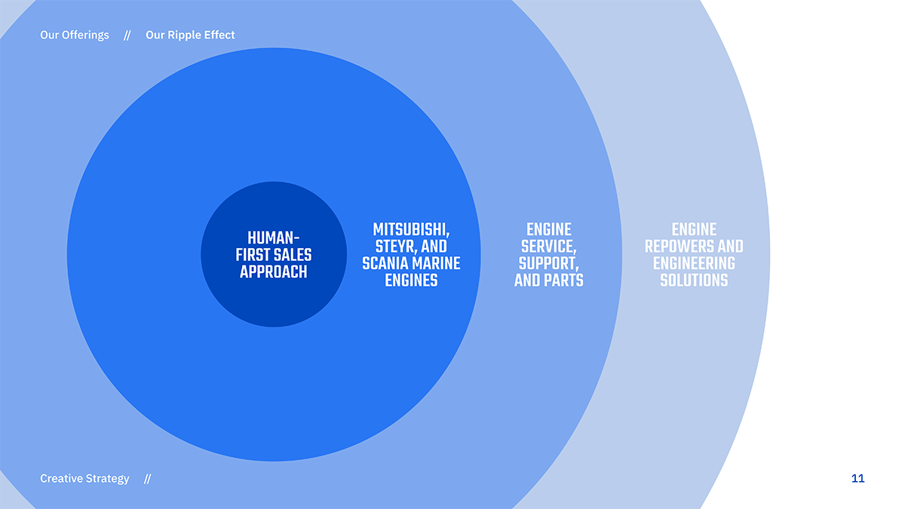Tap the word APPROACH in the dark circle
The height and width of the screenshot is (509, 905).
(x=273, y=272)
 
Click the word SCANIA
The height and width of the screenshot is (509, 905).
(x=385, y=264)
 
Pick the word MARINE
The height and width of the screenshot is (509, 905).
(x=436, y=264)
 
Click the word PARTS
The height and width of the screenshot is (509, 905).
(x=564, y=281)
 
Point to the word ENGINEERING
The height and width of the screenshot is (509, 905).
(x=694, y=264)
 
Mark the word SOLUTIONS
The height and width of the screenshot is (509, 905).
(x=694, y=281)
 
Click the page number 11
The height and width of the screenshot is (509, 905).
(x=857, y=479)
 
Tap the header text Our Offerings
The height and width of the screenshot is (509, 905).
(x=75, y=35)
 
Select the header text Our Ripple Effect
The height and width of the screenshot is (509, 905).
(x=190, y=35)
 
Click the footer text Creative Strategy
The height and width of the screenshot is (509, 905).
(x=84, y=479)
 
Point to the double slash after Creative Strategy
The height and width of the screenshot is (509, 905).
(x=147, y=479)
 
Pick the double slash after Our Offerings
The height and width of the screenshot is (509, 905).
(x=127, y=35)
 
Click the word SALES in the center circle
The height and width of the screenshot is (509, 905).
(x=293, y=256)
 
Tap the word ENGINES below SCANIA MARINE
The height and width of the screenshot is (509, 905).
(x=410, y=281)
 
